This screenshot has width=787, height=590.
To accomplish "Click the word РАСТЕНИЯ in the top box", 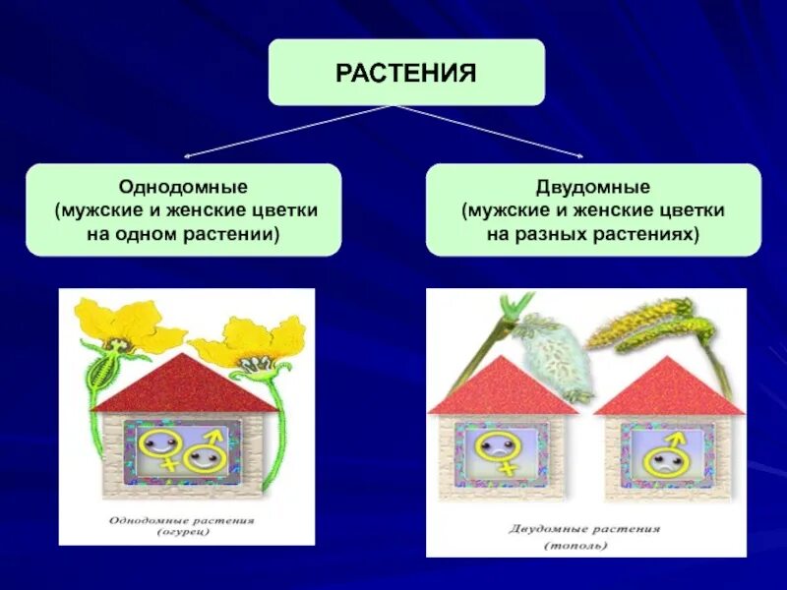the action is (x=406, y=73).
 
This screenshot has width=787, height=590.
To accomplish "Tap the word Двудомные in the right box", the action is (x=593, y=186).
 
